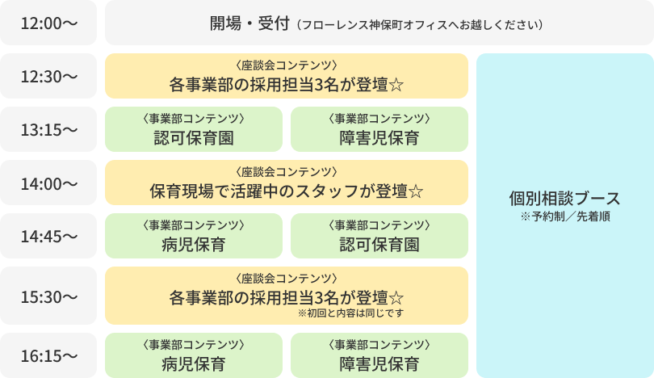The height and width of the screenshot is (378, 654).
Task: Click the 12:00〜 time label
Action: coord(48,23)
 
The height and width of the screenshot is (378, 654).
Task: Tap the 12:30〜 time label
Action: coord(48,77)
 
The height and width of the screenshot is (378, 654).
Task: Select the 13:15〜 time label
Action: coord(48,130)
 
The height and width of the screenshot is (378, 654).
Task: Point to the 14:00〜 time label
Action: coord(48,183)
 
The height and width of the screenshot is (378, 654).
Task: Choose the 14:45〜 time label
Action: coord(48,237)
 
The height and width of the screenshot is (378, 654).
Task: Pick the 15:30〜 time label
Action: coord(48,296)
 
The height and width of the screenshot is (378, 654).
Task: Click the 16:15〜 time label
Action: coord(48,355)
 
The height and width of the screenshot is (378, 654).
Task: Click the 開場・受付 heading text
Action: coord(249,23)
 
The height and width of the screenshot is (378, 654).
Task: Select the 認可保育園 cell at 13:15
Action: coord(194,129)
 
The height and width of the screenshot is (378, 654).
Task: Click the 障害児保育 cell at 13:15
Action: coord(379,129)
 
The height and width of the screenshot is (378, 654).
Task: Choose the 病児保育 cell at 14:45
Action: coord(194,236)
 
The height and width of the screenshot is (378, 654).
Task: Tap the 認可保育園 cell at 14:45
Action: coord(379,236)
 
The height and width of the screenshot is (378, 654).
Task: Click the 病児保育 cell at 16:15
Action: coord(194,355)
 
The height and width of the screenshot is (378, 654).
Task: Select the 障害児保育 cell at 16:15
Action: coord(379,355)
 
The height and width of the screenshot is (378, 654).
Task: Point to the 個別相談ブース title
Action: coord(564,199)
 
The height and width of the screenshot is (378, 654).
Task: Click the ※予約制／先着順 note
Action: coord(565,216)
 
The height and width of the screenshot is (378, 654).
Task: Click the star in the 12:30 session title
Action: coord(396,84)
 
